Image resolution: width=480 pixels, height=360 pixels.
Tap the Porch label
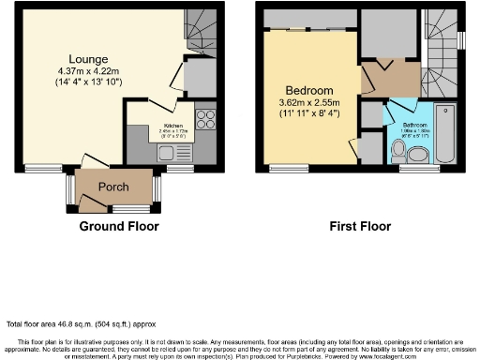click(x=113, y=187)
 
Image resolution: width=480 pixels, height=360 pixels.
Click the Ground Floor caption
click(x=118, y=227)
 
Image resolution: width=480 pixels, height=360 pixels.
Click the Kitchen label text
click(x=173, y=126)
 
